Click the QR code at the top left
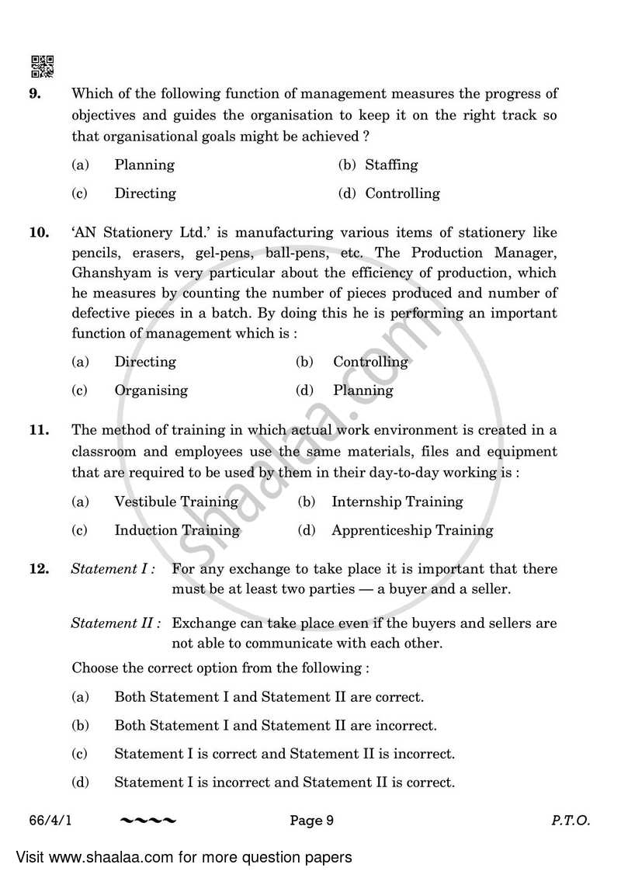coord(42,67)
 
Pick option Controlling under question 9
coord(401,193)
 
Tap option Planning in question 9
coord(144,165)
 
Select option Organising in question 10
coord(151,390)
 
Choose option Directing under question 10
coord(144,362)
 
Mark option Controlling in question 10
coord(369,362)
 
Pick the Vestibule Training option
coord(175,501)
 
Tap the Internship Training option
coord(397,501)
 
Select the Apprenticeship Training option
coord(411,530)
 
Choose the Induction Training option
coord(176,530)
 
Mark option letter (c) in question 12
coord(79,754)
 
